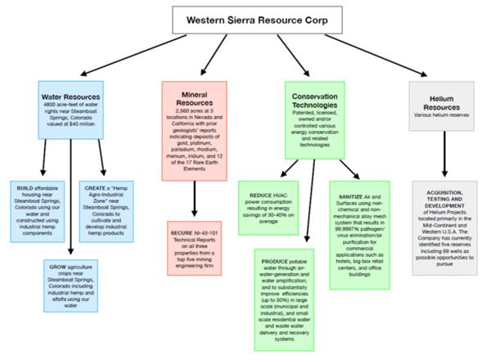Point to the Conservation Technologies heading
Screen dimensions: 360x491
[x=321, y=101]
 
